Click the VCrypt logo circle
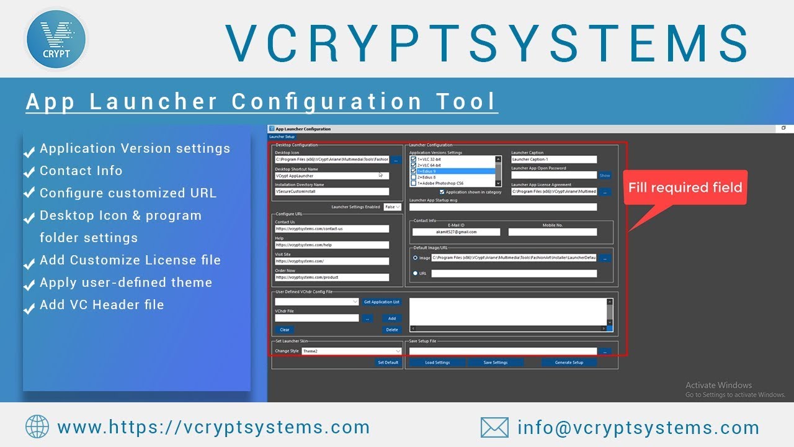click(56, 38)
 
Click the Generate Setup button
click(569, 363)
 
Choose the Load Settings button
click(437, 363)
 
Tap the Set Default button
click(388, 363)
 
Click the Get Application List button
click(381, 302)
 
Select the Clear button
click(285, 330)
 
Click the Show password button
click(605, 176)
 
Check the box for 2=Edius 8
click(414, 178)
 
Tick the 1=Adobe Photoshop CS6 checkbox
click(414, 184)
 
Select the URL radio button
click(415, 273)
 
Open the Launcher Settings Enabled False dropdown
click(393, 207)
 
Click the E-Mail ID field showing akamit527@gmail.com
click(456, 232)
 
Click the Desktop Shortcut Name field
click(332, 176)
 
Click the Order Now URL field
click(332, 278)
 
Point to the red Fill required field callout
click(685, 188)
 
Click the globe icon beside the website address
click(37, 427)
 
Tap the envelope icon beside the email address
click(494, 427)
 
